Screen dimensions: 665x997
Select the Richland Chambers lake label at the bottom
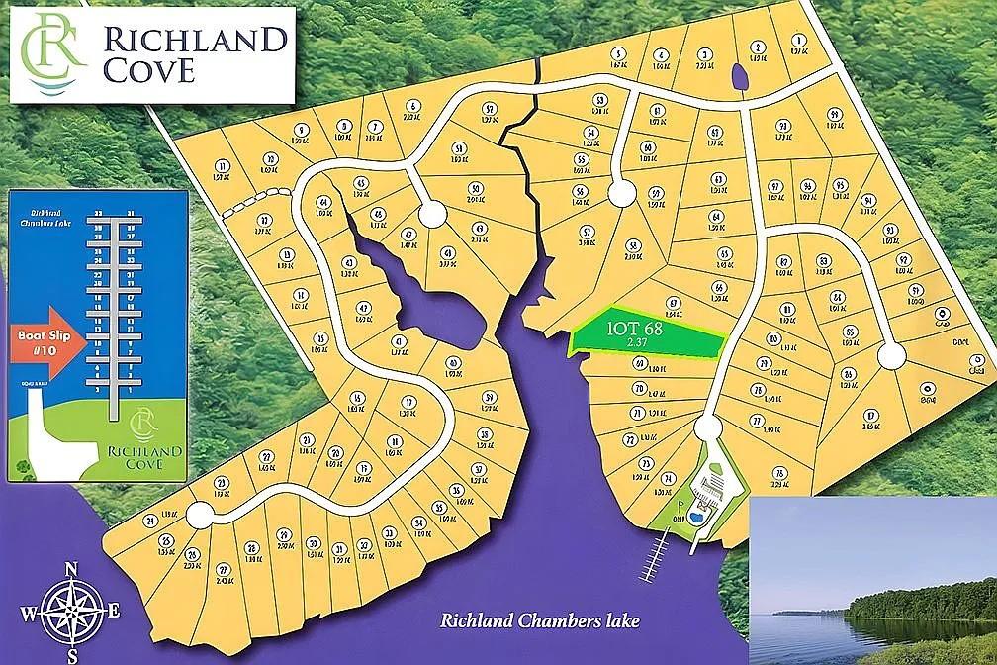(539, 621)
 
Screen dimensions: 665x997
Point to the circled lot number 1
(796, 43)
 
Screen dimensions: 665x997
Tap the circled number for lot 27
(225, 569)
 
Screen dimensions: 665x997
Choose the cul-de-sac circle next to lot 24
(199, 515)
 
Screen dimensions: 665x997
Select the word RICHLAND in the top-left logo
(195, 41)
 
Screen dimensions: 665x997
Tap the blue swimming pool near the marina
(695, 517)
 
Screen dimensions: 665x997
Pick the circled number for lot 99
(834, 114)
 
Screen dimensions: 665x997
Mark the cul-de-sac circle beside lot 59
(620, 194)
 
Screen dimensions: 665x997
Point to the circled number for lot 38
(484, 433)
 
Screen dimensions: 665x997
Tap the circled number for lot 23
(221, 483)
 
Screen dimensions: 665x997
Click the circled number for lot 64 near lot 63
(717, 216)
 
